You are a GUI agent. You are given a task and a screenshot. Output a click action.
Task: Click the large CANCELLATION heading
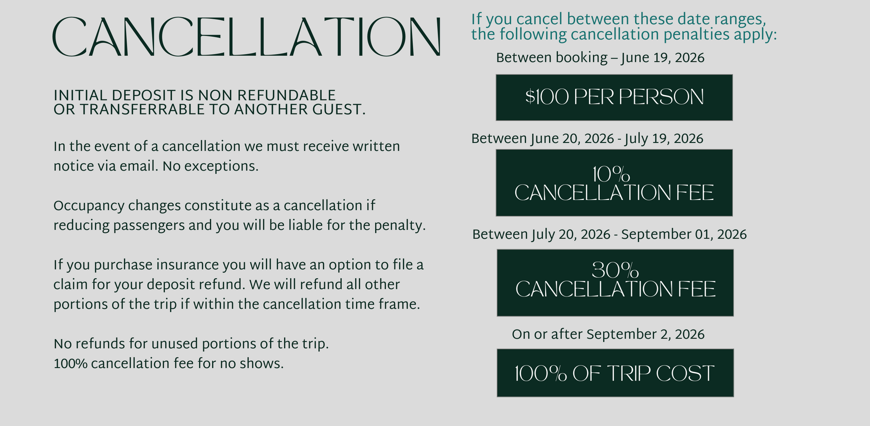click(x=246, y=37)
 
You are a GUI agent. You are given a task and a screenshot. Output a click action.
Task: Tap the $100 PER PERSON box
click(x=614, y=98)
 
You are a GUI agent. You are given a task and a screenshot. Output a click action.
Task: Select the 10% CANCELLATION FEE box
click(x=614, y=183)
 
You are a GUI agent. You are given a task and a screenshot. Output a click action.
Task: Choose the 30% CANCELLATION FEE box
click(x=615, y=283)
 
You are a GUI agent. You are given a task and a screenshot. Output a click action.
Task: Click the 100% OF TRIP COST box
click(x=615, y=373)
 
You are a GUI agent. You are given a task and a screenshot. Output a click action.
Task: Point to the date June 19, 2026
click(x=663, y=58)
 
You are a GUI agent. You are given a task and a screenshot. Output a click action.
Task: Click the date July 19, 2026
click(x=664, y=139)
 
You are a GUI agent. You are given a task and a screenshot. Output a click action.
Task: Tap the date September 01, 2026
click(x=684, y=235)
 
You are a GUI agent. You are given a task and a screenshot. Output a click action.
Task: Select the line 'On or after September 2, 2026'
click(x=608, y=334)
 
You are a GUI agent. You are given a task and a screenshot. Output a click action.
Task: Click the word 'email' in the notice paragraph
click(x=139, y=166)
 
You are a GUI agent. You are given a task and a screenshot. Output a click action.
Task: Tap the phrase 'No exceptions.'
click(x=211, y=166)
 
